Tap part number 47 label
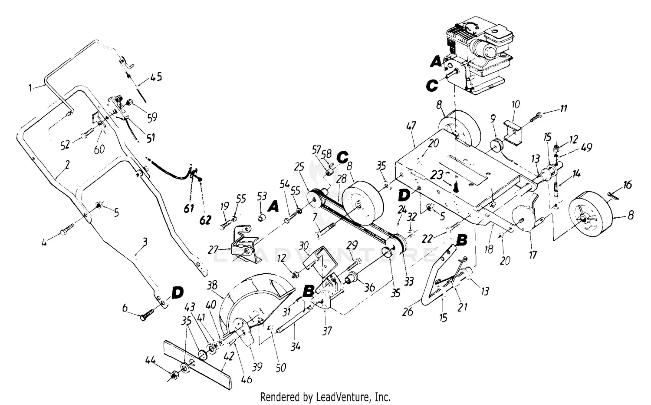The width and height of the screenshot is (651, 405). [411, 126]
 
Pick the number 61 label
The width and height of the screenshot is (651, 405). [188, 209]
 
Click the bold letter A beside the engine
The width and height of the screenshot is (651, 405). [436, 63]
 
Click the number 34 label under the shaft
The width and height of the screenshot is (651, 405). [295, 347]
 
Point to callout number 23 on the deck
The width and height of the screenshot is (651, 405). [437, 176]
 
